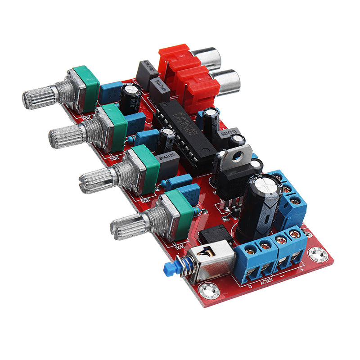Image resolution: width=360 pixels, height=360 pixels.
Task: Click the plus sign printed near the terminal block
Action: (x=300, y=269)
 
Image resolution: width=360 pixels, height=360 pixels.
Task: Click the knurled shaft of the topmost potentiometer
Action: (x=40, y=96)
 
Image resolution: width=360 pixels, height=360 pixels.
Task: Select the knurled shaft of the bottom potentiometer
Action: (x=128, y=225)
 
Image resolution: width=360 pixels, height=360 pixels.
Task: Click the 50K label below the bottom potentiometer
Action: (x=179, y=246)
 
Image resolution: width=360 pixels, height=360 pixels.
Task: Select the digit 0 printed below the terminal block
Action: (x=250, y=286)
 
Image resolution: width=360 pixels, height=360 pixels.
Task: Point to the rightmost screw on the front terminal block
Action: (x=295, y=234)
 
